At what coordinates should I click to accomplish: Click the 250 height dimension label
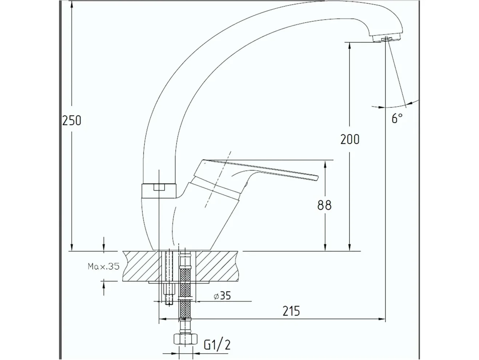point(72,120)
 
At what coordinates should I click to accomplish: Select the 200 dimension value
point(350,139)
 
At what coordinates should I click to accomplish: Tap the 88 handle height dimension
point(324,205)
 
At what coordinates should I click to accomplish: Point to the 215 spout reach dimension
point(291,311)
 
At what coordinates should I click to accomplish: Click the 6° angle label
point(397,119)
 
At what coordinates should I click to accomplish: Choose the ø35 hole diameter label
point(222,296)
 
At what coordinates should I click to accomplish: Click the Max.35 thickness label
point(104,266)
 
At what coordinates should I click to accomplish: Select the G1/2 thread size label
point(217,345)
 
